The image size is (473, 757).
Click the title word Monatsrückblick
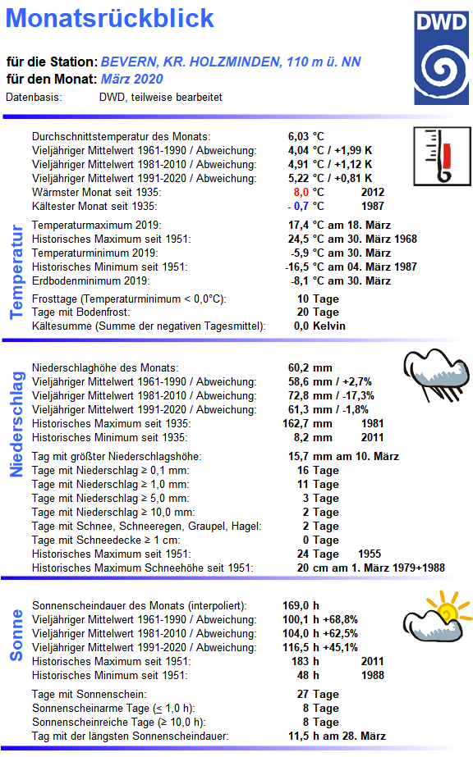116,18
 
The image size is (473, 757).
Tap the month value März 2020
132,79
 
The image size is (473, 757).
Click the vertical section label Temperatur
16,273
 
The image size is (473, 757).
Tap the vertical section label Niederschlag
16,423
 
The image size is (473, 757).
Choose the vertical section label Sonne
16,634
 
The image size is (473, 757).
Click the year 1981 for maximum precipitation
372,423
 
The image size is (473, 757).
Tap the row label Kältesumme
62,326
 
